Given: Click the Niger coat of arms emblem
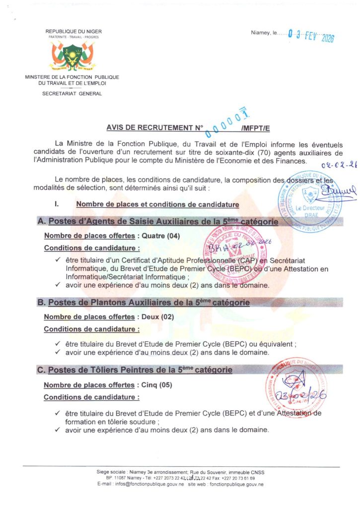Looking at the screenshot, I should click(x=73, y=56).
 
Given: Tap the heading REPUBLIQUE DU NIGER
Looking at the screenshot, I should click(x=73, y=32).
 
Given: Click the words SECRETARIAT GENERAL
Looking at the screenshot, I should click(x=72, y=94).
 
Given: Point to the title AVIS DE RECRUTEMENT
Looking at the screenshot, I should click(x=153, y=127).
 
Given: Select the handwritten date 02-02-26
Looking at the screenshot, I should click(x=339, y=167).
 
